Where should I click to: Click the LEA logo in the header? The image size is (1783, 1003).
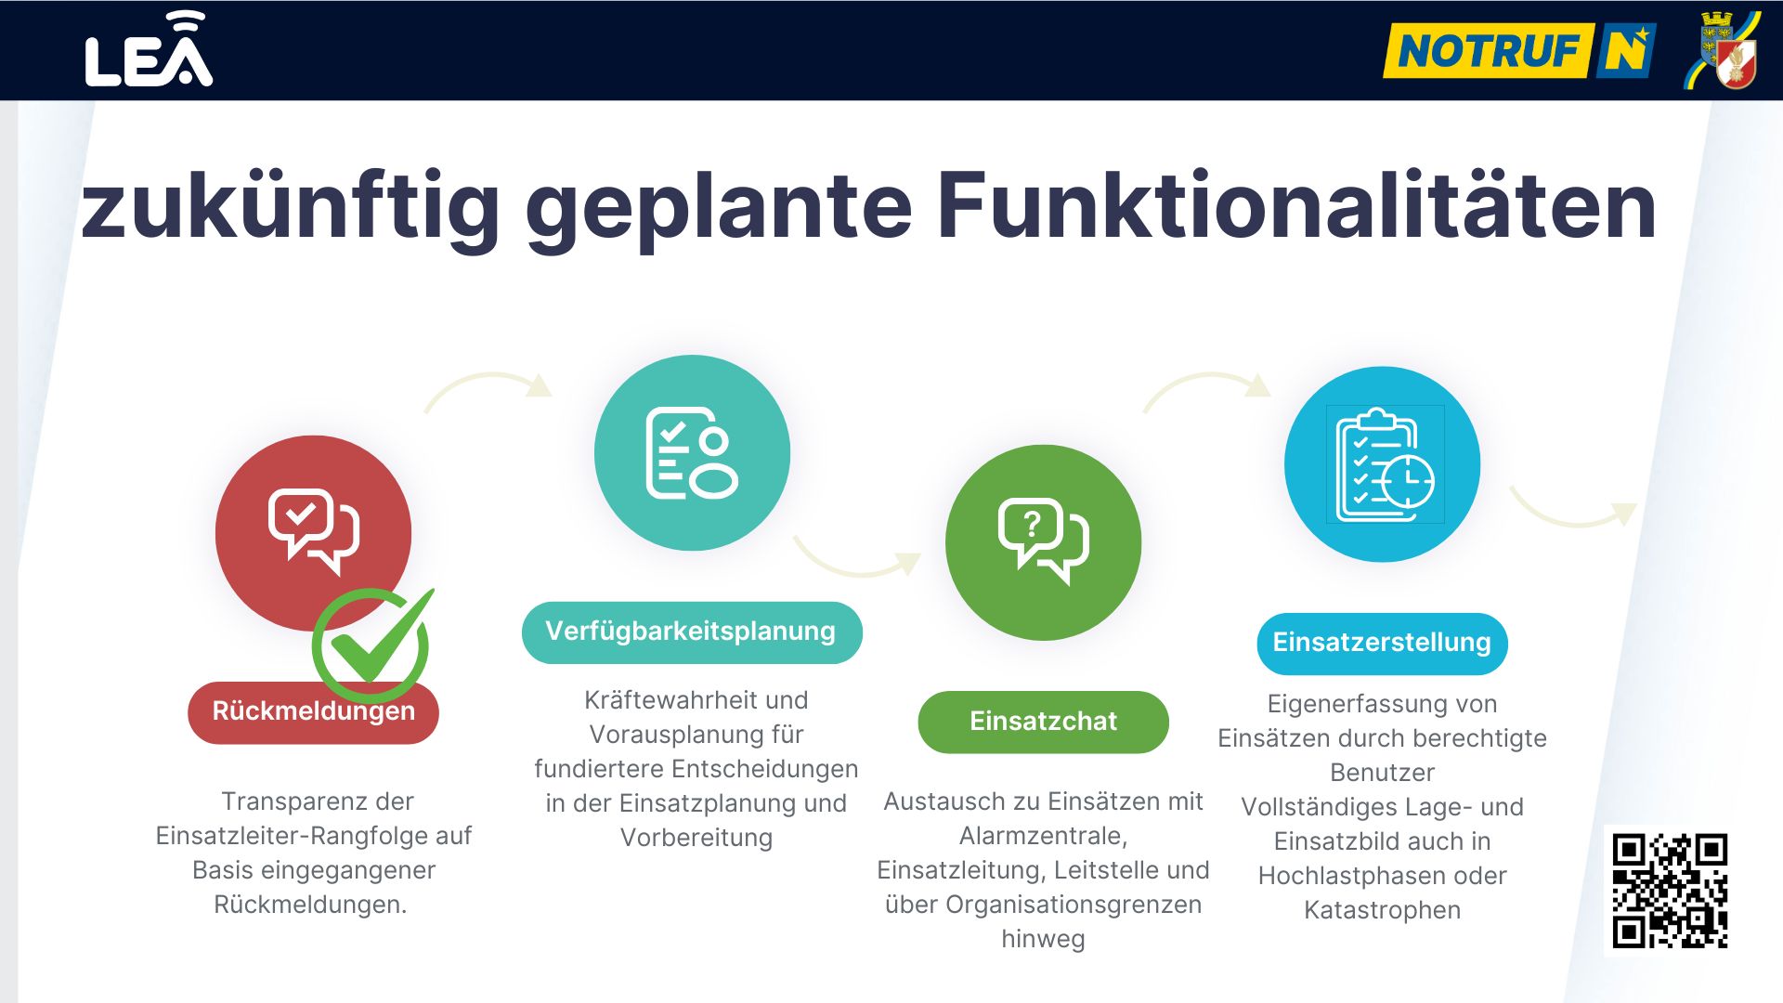click(x=149, y=50)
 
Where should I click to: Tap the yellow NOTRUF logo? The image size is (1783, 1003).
click(x=1519, y=50)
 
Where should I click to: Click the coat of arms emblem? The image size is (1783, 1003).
click(x=1724, y=50)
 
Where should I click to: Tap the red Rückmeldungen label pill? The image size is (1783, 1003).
click(x=313, y=712)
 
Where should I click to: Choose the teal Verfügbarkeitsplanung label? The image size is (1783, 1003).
click(x=692, y=632)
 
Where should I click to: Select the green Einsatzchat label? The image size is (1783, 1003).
click(x=1043, y=722)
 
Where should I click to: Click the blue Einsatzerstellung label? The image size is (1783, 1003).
click(x=1382, y=644)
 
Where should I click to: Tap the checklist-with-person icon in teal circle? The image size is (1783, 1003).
click(x=692, y=453)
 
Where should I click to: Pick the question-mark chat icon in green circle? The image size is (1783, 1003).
click(x=1044, y=541)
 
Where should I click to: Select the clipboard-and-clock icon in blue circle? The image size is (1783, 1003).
click(x=1385, y=464)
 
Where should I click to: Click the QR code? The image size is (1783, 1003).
click(x=1669, y=891)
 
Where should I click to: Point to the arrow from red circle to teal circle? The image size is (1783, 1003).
click(x=488, y=377)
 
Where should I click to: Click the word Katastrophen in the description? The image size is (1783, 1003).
click(x=1382, y=910)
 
